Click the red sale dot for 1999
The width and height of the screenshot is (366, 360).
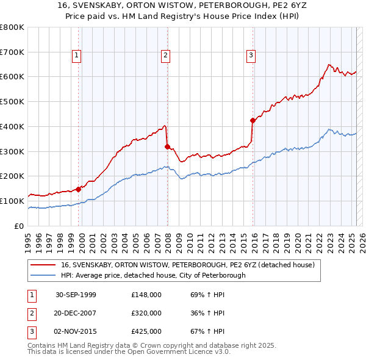(79, 189)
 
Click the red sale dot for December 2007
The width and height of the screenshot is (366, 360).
(167, 146)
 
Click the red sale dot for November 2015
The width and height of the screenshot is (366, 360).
(253, 120)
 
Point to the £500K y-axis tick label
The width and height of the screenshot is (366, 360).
(12, 101)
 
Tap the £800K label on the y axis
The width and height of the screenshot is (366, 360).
(12, 27)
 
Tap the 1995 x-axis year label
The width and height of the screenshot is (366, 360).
(29, 239)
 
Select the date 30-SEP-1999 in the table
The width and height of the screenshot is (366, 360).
(76, 295)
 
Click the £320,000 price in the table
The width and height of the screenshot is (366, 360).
(146, 313)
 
